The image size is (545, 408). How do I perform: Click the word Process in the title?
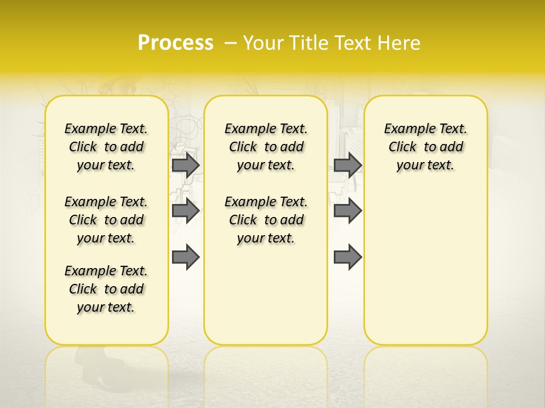tap(175, 43)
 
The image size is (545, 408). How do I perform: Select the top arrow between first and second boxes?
tap(186, 165)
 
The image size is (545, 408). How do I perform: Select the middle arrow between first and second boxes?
tap(186, 211)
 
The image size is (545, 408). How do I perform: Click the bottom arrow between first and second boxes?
tap(186, 257)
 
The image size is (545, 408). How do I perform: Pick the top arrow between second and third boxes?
tap(347, 165)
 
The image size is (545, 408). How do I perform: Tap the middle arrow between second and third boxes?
tap(347, 211)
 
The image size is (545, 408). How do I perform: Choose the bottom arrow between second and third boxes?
tap(347, 257)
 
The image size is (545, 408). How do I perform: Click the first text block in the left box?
tap(106, 147)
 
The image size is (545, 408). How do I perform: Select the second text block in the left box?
tap(106, 220)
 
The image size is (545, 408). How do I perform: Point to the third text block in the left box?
tap(106, 289)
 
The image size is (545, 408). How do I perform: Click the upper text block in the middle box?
tap(266, 147)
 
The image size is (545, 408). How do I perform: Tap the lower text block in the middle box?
tap(266, 220)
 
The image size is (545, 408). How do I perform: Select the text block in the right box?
tap(425, 147)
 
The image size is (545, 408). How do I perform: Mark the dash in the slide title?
tap(230, 44)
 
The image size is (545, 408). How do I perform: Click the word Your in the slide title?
tap(261, 43)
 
